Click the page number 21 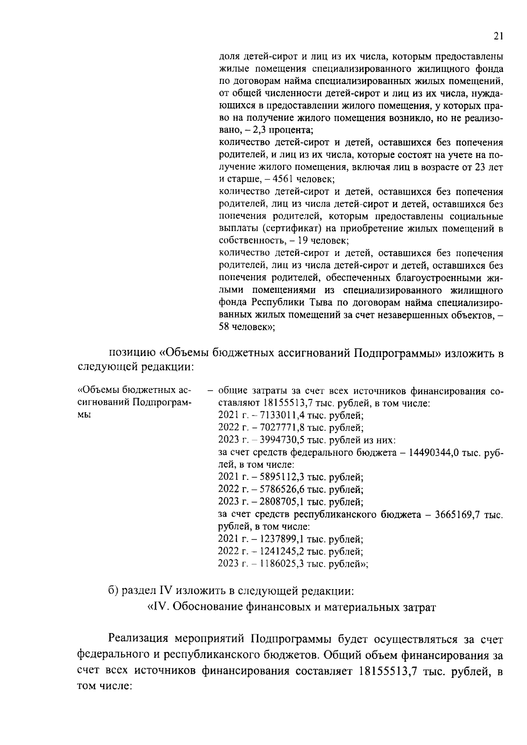pos(498,37)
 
